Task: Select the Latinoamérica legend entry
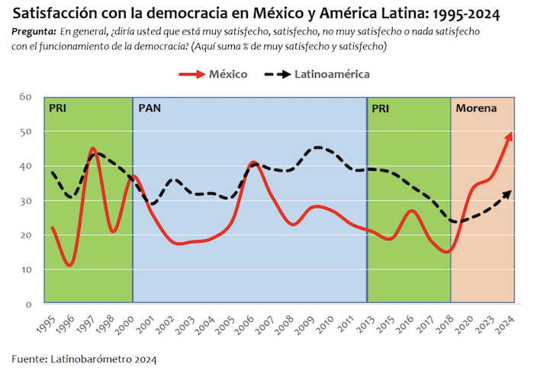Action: [x=334, y=74]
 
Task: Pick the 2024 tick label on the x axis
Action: [x=504, y=324]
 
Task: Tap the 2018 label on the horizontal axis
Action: [x=443, y=324]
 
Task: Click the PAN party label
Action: [x=150, y=108]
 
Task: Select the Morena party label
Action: [x=476, y=108]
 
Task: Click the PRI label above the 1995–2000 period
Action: [x=58, y=108]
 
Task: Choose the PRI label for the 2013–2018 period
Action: [x=381, y=108]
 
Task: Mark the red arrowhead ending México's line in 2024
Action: [x=509, y=136]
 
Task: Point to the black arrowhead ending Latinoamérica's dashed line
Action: [x=508, y=191]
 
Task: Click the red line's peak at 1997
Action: [x=92, y=149]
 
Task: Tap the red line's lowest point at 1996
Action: [x=69, y=265]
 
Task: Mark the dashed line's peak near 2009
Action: [x=318, y=147]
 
